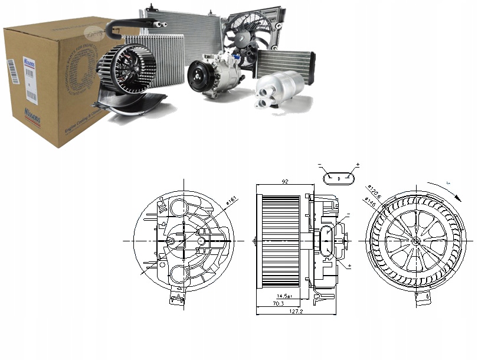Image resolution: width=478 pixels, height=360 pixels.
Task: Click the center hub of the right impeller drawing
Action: (416, 241)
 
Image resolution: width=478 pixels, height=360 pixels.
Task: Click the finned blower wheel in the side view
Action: (280, 241)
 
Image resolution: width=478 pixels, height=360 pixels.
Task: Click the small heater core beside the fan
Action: (284, 61)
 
